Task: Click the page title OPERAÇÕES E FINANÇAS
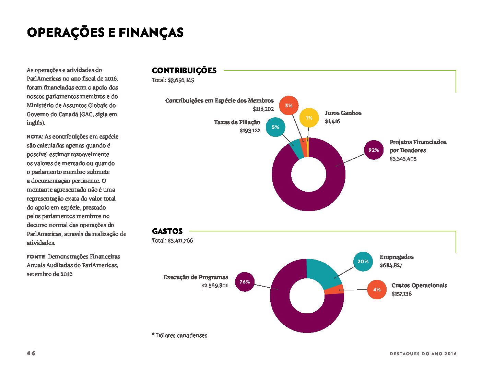(105, 33)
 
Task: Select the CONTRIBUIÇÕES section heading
(184, 70)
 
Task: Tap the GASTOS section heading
(167, 231)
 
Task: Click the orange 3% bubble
(288, 106)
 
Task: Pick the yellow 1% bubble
(309, 118)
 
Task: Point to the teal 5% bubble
(275, 127)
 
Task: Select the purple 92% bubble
(374, 150)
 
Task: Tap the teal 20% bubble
(363, 262)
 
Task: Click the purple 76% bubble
(245, 282)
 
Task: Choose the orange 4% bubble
(377, 289)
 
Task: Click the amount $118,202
(263, 109)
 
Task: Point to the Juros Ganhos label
(343, 113)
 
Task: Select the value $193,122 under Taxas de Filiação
(250, 131)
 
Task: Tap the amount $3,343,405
(403, 159)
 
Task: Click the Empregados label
(397, 257)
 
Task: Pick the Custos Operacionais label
(419, 286)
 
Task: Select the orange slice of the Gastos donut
(334, 289)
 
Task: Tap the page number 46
(31, 353)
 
